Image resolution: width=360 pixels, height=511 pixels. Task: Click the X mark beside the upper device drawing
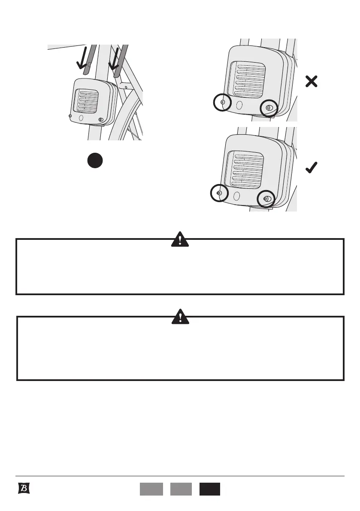pyautogui.click(x=312, y=82)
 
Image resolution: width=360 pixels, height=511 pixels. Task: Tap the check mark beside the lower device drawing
pyautogui.click(x=312, y=169)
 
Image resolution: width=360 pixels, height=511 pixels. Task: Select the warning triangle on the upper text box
pyautogui.click(x=180, y=240)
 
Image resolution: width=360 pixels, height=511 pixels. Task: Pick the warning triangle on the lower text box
pyautogui.click(x=181, y=317)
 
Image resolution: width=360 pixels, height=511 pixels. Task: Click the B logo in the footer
pyautogui.click(x=24, y=489)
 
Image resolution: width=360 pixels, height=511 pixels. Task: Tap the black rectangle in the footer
pyautogui.click(x=209, y=489)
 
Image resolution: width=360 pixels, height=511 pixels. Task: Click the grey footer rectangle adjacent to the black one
pyautogui.click(x=181, y=489)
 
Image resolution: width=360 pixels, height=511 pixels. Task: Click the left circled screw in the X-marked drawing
pyautogui.click(x=222, y=103)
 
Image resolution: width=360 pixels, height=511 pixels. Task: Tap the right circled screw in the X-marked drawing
pyautogui.click(x=269, y=108)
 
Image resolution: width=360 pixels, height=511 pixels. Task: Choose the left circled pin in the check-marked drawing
pyautogui.click(x=219, y=194)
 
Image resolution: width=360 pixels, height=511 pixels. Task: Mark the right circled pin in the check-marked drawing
pyautogui.click(x=266, y=199)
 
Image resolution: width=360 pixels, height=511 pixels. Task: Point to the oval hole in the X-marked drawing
pyautogui.click(x=239, y=105)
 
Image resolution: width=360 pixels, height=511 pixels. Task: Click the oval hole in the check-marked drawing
pyautogui.click(x=236, y=196)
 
